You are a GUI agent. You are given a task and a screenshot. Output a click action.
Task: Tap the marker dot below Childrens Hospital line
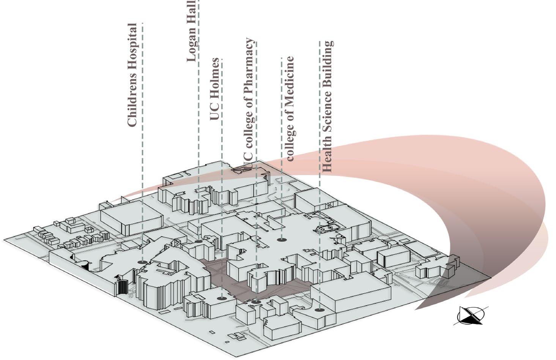(142, 262)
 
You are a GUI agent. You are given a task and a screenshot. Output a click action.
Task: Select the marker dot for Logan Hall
(198, 241)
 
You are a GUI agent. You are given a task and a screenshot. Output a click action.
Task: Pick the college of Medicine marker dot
(281, 239)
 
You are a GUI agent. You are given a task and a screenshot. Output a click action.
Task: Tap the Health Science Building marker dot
(320, 310)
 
